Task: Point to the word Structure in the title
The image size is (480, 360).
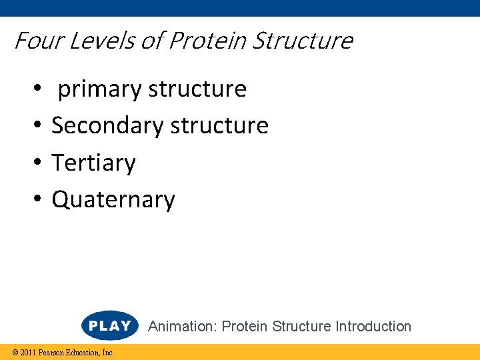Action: pyautogui.click(x=303, y=41)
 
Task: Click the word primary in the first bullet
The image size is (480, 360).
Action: pyautogui.click(x=100, y=89)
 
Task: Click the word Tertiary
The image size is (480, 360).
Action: pyautogui.click(x=93, y=163)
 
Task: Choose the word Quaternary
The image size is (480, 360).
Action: pyautogui.click(x=113, y=200)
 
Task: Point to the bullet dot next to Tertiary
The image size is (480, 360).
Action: pyautogui.click(x=39, y=163)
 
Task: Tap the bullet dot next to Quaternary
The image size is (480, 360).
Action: pyautogui.click(x=39, y=200)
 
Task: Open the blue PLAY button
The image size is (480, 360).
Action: pyautogui.click(x=109, y=326)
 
